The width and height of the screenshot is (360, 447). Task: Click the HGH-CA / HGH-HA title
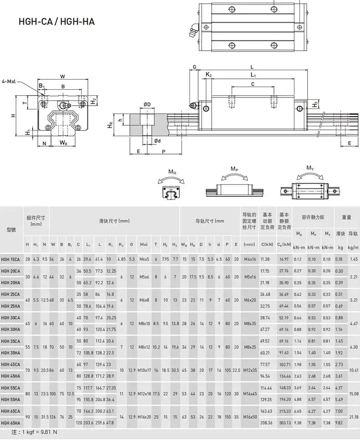click(x=57, y=21)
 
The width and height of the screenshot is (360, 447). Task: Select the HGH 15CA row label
click(x=10, y=259)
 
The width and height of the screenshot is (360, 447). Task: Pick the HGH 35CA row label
click(x=10, y=340)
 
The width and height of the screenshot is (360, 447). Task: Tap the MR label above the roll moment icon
click(x=172, y=172)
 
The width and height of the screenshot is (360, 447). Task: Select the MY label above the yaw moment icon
click(x=309, y=168)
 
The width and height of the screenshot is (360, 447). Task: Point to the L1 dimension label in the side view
click(x=253, y=75)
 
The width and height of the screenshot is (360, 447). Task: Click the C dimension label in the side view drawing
click(x=252, y=84)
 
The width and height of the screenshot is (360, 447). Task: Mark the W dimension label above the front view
click(x=62, y=76)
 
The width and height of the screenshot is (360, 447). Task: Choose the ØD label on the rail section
click(x=147, y=104)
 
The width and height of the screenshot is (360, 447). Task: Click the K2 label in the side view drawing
click(x=208, y=74)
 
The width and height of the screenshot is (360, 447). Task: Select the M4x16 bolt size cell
click(x=250, y=259)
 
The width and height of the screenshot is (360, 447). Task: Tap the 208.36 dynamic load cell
click(x=267, y=423)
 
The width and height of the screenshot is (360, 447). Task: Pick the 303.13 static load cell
click(x=284, y=423)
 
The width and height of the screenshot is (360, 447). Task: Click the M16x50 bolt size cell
click(x=250, y=417)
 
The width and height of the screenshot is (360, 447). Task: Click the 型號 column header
click(x=11, y=229)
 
